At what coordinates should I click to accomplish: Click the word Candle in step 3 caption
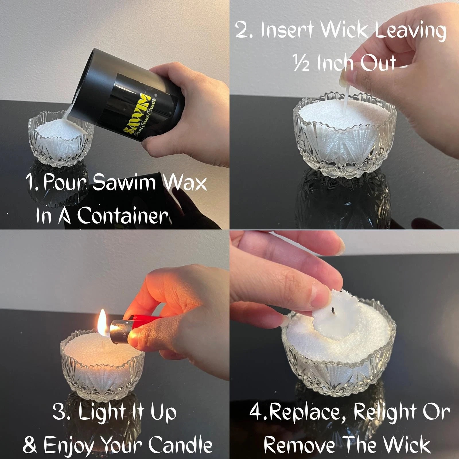(180, 444)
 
